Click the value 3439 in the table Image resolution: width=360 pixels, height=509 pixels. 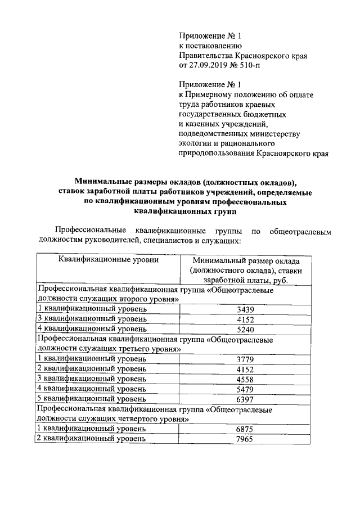pyautogui.click(x=245, y=309)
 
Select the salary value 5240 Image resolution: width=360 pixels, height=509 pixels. pyautogui.click(x=245, y=329)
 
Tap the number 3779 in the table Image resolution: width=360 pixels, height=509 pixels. pyautogui.click(x=245, y=359)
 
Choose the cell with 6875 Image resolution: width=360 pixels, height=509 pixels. pyautogui.click(x=245, y=429)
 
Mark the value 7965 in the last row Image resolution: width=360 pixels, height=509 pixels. pyautogui.click(x=245, y=438)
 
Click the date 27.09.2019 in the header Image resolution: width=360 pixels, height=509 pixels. pyautogui.click(x=210, y=65)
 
